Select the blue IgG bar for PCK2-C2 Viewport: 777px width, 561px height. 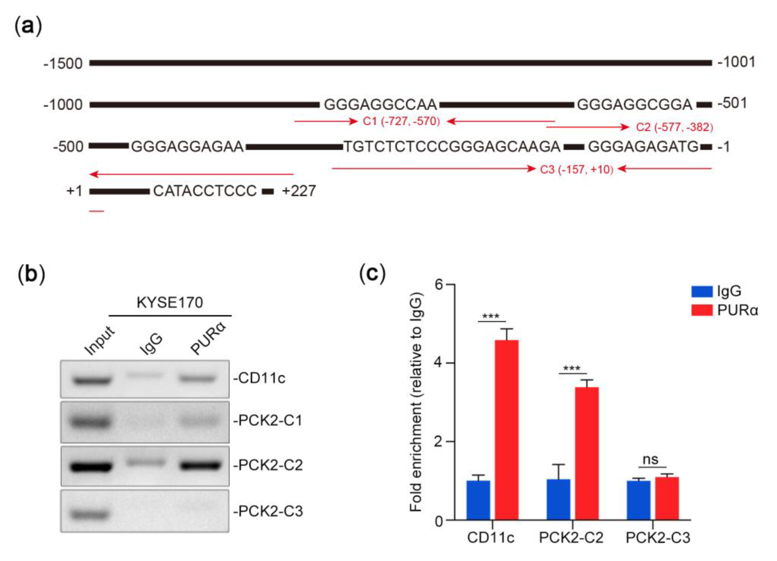[x=558, y=499]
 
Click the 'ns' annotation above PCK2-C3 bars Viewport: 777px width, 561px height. [x=650, y=460]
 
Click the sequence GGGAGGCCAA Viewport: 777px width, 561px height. [x=380, y=104]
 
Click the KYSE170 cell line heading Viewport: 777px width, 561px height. [x=170, y=303]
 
